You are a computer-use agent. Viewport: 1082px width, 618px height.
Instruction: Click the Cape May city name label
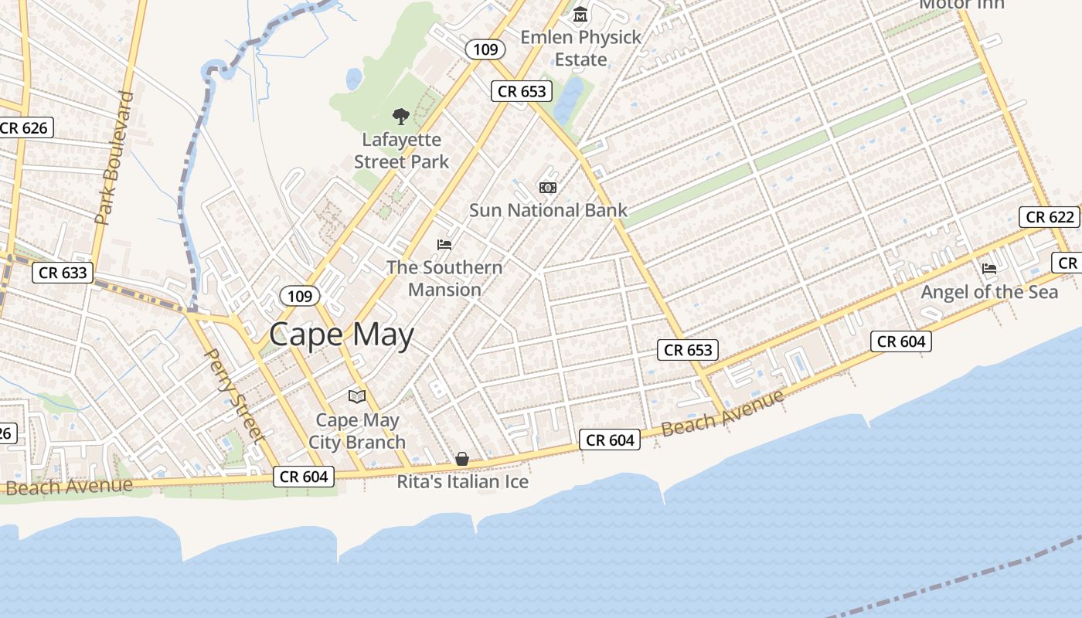point(342,335)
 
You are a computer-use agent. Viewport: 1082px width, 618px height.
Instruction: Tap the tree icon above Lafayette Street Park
point(400,117)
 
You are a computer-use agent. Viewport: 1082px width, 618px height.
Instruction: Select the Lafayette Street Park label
point(401,151)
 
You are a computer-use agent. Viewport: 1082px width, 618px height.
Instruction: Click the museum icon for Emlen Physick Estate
point(580,14)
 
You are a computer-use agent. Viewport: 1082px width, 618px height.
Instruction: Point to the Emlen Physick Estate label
point(580,48)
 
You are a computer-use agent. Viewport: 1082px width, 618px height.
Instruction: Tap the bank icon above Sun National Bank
point(547,188)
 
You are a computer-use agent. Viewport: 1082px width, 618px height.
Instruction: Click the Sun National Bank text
point(548,210)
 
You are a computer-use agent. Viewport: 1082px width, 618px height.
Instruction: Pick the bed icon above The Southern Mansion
point(444,245)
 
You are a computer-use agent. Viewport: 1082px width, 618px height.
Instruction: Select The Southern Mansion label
point(444,278)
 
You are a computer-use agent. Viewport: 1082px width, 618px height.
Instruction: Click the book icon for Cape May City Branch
point(357,397)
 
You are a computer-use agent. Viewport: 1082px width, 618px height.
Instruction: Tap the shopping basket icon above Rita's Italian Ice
point(462,459)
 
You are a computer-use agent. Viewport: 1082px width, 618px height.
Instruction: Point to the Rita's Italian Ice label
point(462,482)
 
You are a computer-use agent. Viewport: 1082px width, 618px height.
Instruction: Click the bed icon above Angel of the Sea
point(989,269)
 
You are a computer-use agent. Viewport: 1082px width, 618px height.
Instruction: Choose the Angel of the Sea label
point(989,292)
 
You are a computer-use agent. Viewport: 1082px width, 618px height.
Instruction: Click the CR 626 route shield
point(24,127)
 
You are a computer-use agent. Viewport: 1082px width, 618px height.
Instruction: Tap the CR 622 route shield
point(1050,217)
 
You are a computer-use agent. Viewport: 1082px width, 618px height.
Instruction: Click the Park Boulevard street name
point(115,158)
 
